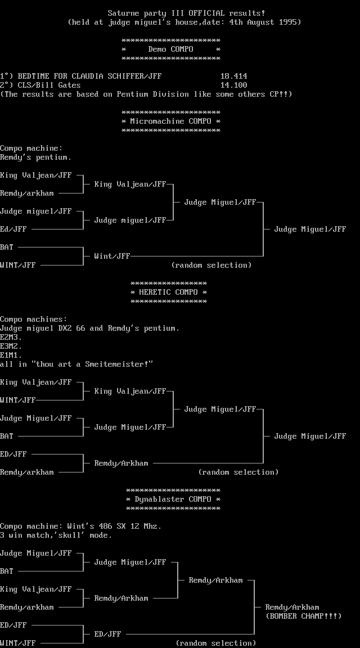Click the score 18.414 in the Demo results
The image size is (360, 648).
coord(233,76)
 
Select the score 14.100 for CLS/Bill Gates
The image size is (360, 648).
coord(233,85)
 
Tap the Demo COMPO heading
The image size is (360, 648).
coord(170,49)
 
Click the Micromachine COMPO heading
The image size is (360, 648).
coord(170,121)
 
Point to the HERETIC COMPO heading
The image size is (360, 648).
coord(168,292)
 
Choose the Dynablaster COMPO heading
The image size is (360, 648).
coord(173,499)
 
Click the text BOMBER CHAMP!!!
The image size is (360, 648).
coord(303,616)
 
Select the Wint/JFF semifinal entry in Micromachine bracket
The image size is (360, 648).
coord(112,256)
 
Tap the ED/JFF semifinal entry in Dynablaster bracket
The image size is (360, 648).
coord(107,634)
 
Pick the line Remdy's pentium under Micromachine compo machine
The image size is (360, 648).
coord(35,157)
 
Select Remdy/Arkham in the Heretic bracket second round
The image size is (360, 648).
coord(121,463)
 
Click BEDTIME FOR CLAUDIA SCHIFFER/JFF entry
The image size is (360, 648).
coord(89,76)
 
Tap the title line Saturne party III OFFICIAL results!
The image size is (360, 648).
coord(186,13)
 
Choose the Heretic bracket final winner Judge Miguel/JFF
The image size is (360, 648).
coord(310,436)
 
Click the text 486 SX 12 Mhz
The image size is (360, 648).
coord(132,526)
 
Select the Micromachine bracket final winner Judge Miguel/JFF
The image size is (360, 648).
coord(310,229)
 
